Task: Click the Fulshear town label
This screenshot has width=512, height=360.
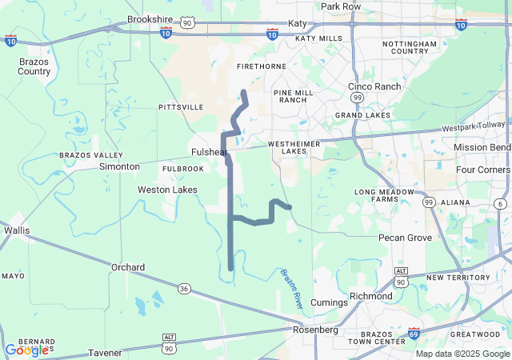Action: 210,152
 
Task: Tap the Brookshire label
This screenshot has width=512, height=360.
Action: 150,19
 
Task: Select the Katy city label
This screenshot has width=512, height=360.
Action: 298,24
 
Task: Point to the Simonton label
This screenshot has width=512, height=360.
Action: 119,166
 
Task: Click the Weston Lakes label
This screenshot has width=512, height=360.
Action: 167,190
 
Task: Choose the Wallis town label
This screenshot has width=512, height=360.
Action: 17,230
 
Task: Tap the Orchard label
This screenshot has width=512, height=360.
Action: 128,267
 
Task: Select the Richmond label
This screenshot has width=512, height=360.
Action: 371,296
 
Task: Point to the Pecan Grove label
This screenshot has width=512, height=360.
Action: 406,238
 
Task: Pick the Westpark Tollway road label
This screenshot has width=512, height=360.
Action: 474,126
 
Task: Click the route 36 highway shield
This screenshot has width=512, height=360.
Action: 184,288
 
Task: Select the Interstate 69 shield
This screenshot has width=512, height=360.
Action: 414,333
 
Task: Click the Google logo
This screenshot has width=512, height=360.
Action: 26,350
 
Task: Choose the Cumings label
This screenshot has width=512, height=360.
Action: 329,302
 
